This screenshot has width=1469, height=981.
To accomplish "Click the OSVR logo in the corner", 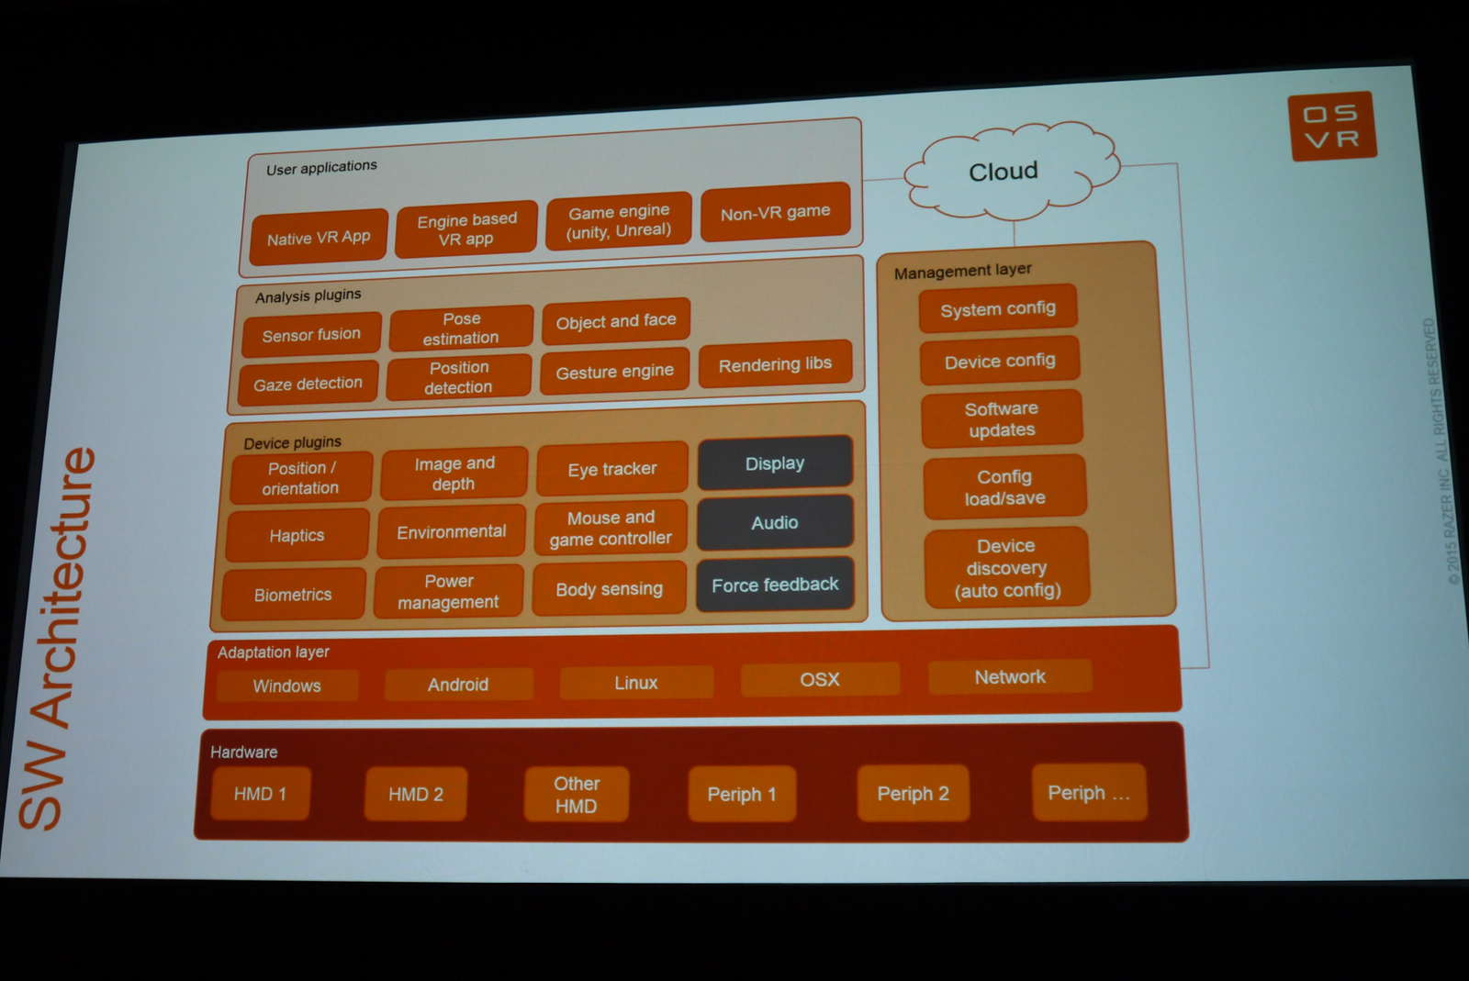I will point(1332,127).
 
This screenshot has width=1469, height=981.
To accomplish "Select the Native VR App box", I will point(319,238).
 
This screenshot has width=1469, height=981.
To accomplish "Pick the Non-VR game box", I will point(775,213).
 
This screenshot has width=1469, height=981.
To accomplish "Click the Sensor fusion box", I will point(311,335).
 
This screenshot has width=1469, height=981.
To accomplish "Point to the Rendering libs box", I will point(775,364).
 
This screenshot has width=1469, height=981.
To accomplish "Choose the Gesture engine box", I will point(614,372).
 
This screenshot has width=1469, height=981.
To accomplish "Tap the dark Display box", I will point(775,463).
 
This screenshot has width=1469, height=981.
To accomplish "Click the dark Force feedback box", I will point(775,585).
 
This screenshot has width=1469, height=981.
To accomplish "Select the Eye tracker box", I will point(612,469).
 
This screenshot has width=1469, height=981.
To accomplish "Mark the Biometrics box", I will point(293,595).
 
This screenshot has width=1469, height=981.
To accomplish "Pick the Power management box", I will point(449,592).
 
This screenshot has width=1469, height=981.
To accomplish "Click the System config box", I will point(998,309).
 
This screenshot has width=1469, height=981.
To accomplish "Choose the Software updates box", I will point(1002,419).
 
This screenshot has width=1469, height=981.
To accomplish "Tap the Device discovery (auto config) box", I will point(1007,568).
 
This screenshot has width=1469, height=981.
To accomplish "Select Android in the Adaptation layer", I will point(458,685).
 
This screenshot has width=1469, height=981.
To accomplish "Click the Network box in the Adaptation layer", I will point(1010,677).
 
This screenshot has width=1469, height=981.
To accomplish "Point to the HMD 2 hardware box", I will point(416,794).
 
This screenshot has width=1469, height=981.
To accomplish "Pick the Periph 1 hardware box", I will point(741,794).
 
